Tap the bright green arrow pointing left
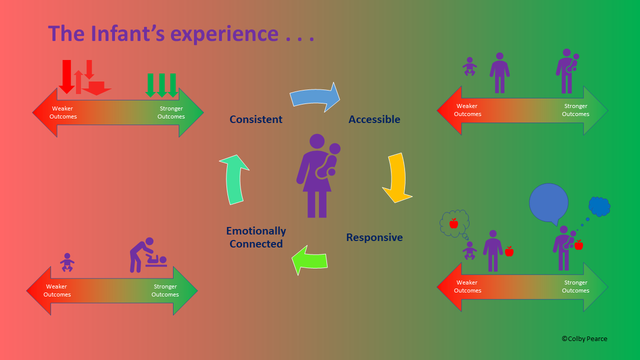310,260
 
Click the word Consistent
256,119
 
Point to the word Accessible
374,119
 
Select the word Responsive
374,237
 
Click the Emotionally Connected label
256,237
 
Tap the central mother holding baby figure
317,175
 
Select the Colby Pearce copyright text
584,338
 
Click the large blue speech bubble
549,203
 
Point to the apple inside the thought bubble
453,223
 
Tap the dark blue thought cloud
599,206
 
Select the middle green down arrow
161,85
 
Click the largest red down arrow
66,76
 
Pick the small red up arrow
78,82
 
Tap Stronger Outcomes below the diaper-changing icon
165,290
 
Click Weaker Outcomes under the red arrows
63,112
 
